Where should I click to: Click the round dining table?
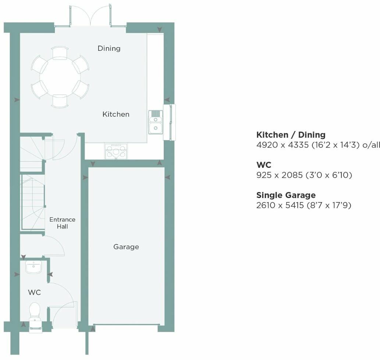pyautogui.click(x=60, y=77)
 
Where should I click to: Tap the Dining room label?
pyautogui.click(x=109, y=48)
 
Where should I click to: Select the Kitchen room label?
pyautogui.click(x=116, y=114)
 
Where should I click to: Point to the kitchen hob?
pyautogui.click(x=117, y=151)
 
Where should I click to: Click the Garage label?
pyautogui.click(x=126, y=247)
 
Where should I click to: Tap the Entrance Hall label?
pyautogui.click(x=63, y=223)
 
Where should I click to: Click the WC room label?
pyautogui.click(x=34, y=293)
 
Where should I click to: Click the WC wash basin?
pyautogui.click(x=34, y=267)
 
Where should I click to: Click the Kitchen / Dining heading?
pyautogui.click(x=291, y=135)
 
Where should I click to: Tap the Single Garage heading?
pyautogui.click(x=286, y=195)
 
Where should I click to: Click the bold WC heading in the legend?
pyautogui.click(x=264, y=165)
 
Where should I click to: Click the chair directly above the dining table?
pyautogui.click(x=60, y=53)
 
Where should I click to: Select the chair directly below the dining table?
pyautogui.click(x=60, y=101)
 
